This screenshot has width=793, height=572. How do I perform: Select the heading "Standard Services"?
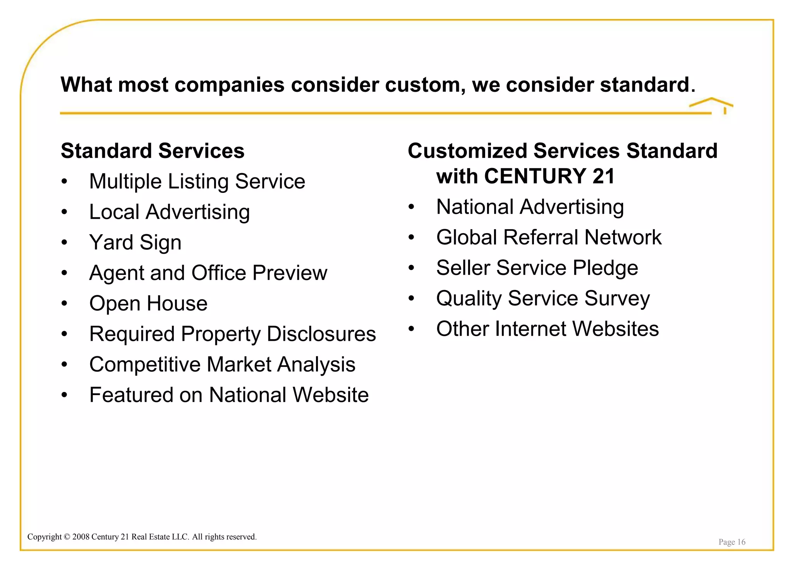tap(153, 151)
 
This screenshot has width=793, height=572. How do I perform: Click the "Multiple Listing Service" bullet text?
tap(197, 181)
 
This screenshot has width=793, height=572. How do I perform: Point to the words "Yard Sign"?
tap(135, 242)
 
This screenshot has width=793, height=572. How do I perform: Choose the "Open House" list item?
tap(148, 303)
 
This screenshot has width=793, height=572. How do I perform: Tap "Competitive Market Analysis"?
tap(222, 364)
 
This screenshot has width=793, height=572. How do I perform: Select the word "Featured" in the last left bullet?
tap(131, 395)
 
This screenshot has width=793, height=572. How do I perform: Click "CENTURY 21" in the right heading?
tap(549, 176)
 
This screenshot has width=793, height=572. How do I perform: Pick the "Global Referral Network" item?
tap(549, 237)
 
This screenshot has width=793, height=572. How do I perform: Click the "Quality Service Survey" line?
tap(543, 299)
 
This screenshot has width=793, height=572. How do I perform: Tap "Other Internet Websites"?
tap(547, 329)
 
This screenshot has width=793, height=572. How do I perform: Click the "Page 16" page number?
tap(731, 542)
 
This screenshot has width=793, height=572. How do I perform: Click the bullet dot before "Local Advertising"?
tap(64, 212)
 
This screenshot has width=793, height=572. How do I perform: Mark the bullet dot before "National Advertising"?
tap(411, 207)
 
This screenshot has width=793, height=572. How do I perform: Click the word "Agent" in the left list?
tap(117, 273)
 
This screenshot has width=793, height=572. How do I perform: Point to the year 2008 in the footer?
tap(81, 537)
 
